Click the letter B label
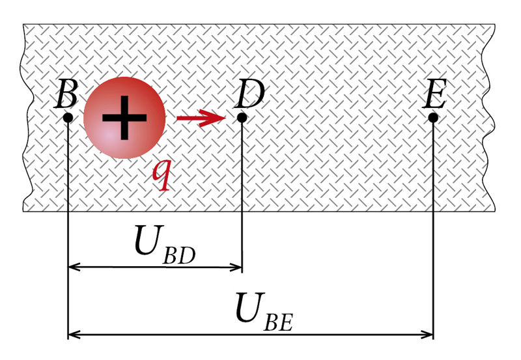point(66,94)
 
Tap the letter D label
point(249,94)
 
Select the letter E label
point(434,94)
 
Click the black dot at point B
point(68,118)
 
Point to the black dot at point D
point(242,118)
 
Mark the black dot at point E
point(433,118)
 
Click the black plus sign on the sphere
point(124,118)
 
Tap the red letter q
point(162,176)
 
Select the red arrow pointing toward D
point(201,118)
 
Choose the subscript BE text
point(279,322)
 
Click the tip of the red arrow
point(226,118)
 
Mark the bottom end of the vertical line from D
point(242,273)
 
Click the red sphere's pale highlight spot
point(109,135)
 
